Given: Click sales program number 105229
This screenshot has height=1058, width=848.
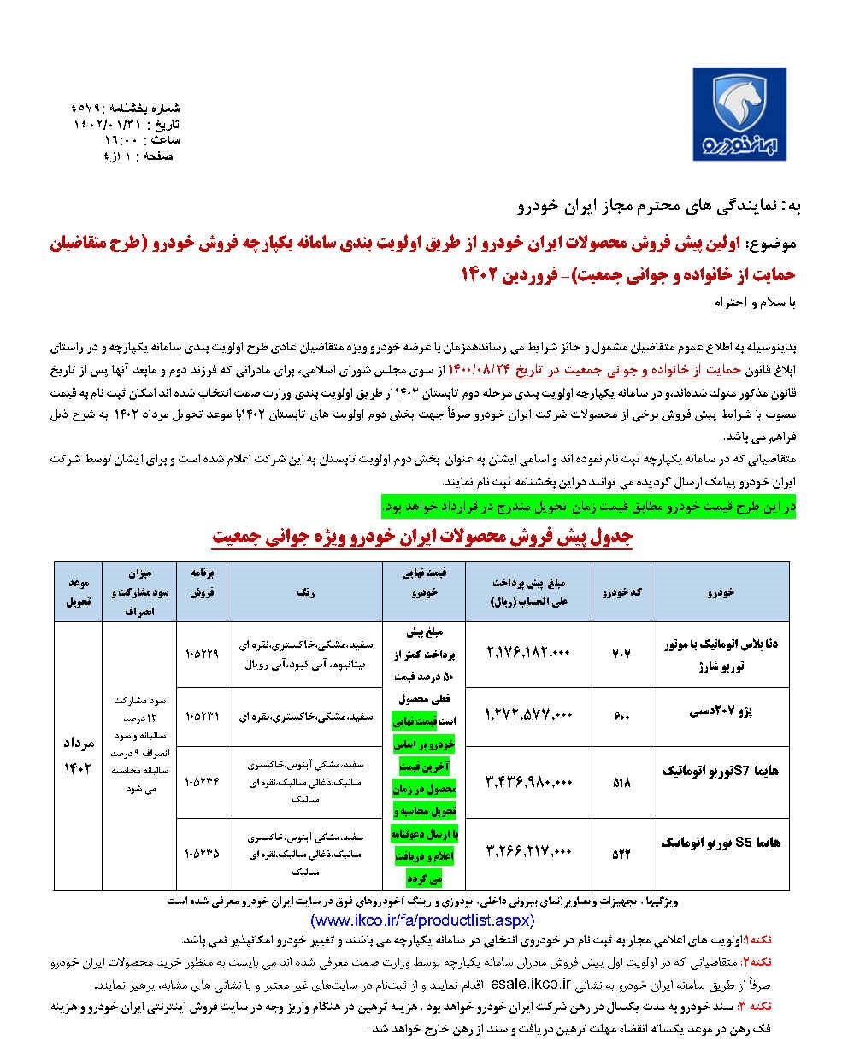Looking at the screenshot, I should coord(201,653).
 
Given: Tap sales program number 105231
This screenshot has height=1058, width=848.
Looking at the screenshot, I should coord(201,716).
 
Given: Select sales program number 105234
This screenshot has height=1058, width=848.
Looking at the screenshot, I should coord(201,780).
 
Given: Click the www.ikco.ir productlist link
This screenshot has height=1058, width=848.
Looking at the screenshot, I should coord(422,920).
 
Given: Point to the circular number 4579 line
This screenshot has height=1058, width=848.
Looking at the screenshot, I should coord(126,109).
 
